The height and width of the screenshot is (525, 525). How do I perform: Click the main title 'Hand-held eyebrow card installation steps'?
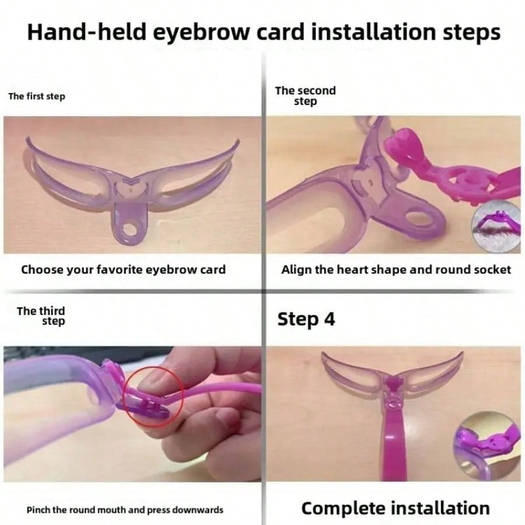coord(263,32)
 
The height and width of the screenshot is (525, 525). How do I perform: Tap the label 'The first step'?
coord(37,96)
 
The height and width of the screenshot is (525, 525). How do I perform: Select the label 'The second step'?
coord(305,96)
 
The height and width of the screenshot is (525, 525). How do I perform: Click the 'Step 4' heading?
coord(306,319)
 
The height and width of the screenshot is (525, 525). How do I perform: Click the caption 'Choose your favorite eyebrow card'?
coord(123,269)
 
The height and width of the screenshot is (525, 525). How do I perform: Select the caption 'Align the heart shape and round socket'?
coord(396,269)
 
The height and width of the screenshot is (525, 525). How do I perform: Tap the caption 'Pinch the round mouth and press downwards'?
coord(125,509)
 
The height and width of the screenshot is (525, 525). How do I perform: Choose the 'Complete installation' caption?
coord(395,508)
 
